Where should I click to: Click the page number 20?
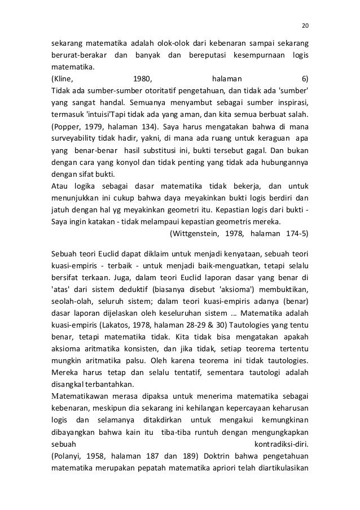[x=305, y=25]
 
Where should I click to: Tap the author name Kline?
[x=62, y=80]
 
